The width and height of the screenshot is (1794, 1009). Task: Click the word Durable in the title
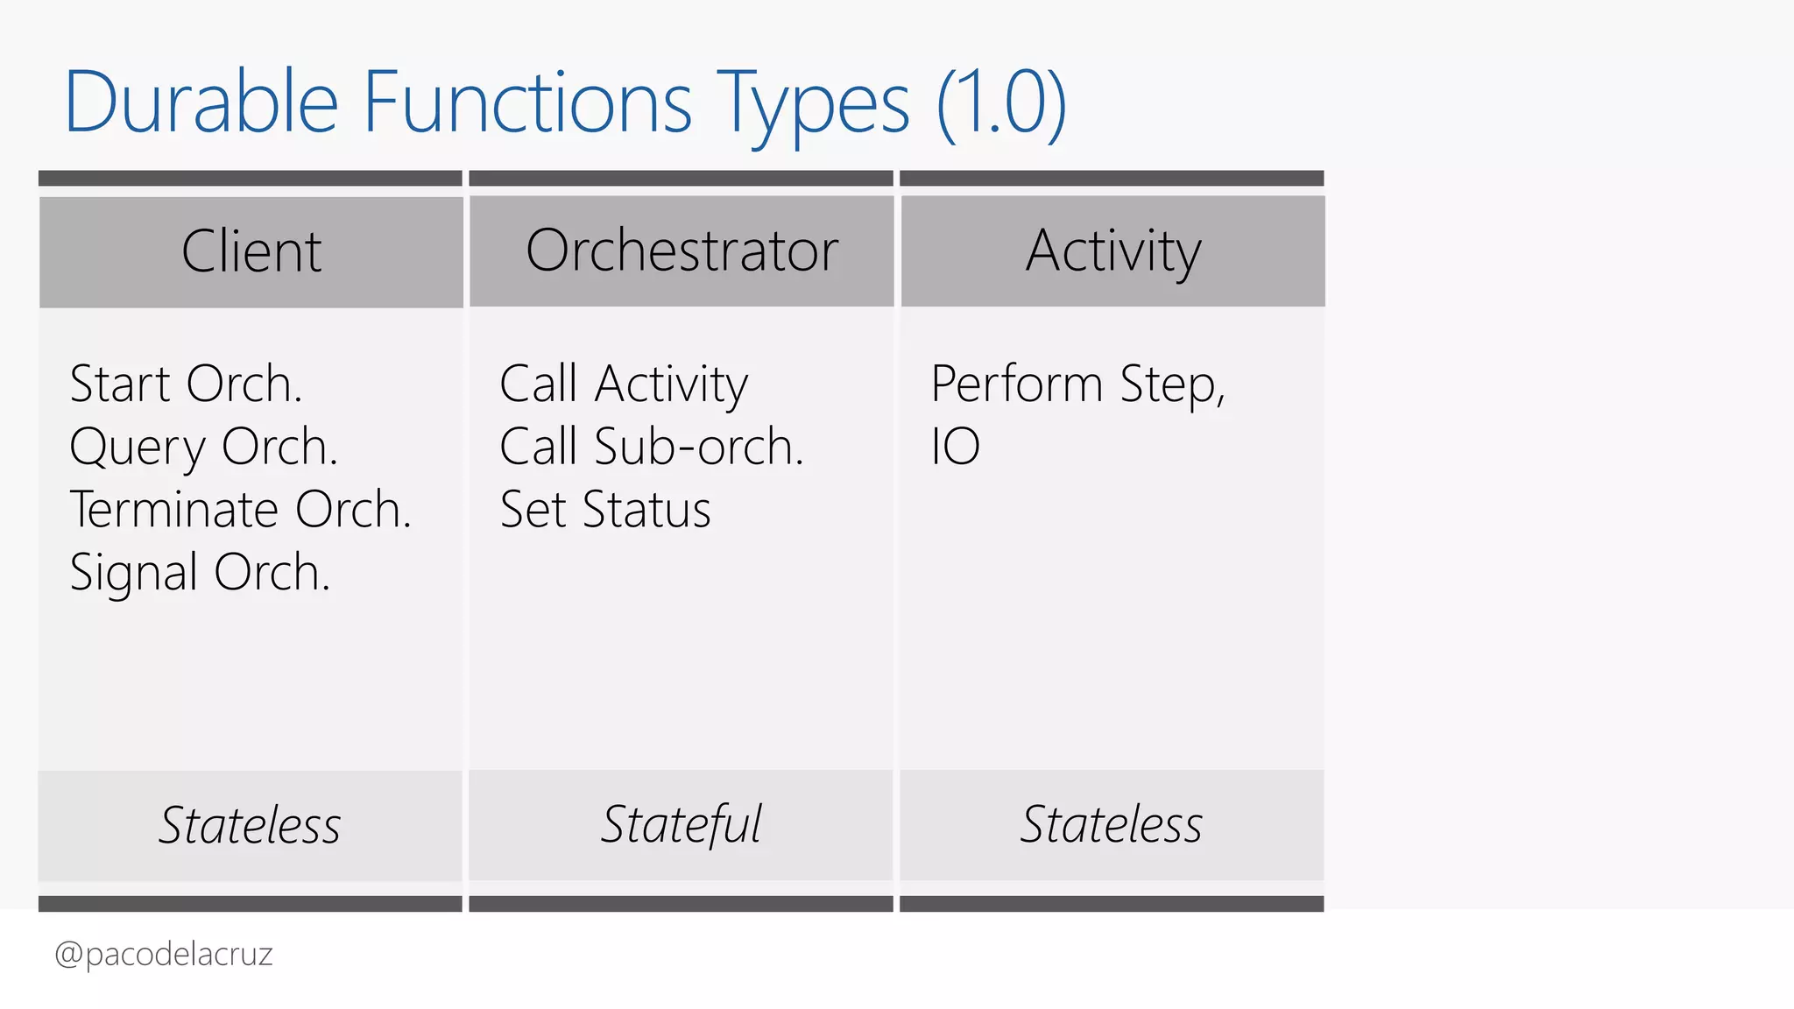point(201,102)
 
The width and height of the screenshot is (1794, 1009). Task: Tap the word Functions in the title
point(527,102)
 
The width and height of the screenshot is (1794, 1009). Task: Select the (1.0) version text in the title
point(1000,102)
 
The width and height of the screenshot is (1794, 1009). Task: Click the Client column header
point(251,251)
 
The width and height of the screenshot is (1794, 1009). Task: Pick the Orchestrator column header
point(682,251)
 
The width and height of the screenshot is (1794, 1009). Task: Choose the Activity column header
point(1112,251)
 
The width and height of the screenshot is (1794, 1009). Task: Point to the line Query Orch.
point(203,447)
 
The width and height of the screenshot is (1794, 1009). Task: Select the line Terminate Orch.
point(240,510)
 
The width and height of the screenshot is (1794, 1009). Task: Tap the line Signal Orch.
point(200,573)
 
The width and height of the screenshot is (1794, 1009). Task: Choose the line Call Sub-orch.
point(651,447)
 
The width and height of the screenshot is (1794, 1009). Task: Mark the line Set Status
point(605,510)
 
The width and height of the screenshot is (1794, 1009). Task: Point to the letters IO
point(955,447)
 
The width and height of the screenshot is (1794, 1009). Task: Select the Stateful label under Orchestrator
point(681,825)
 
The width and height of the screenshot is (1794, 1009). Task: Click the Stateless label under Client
point(250,825)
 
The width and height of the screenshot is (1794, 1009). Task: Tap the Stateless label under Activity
point(1111,825)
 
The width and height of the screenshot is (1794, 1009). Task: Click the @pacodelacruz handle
point(164,954)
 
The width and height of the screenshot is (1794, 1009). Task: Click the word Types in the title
point(813,102)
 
